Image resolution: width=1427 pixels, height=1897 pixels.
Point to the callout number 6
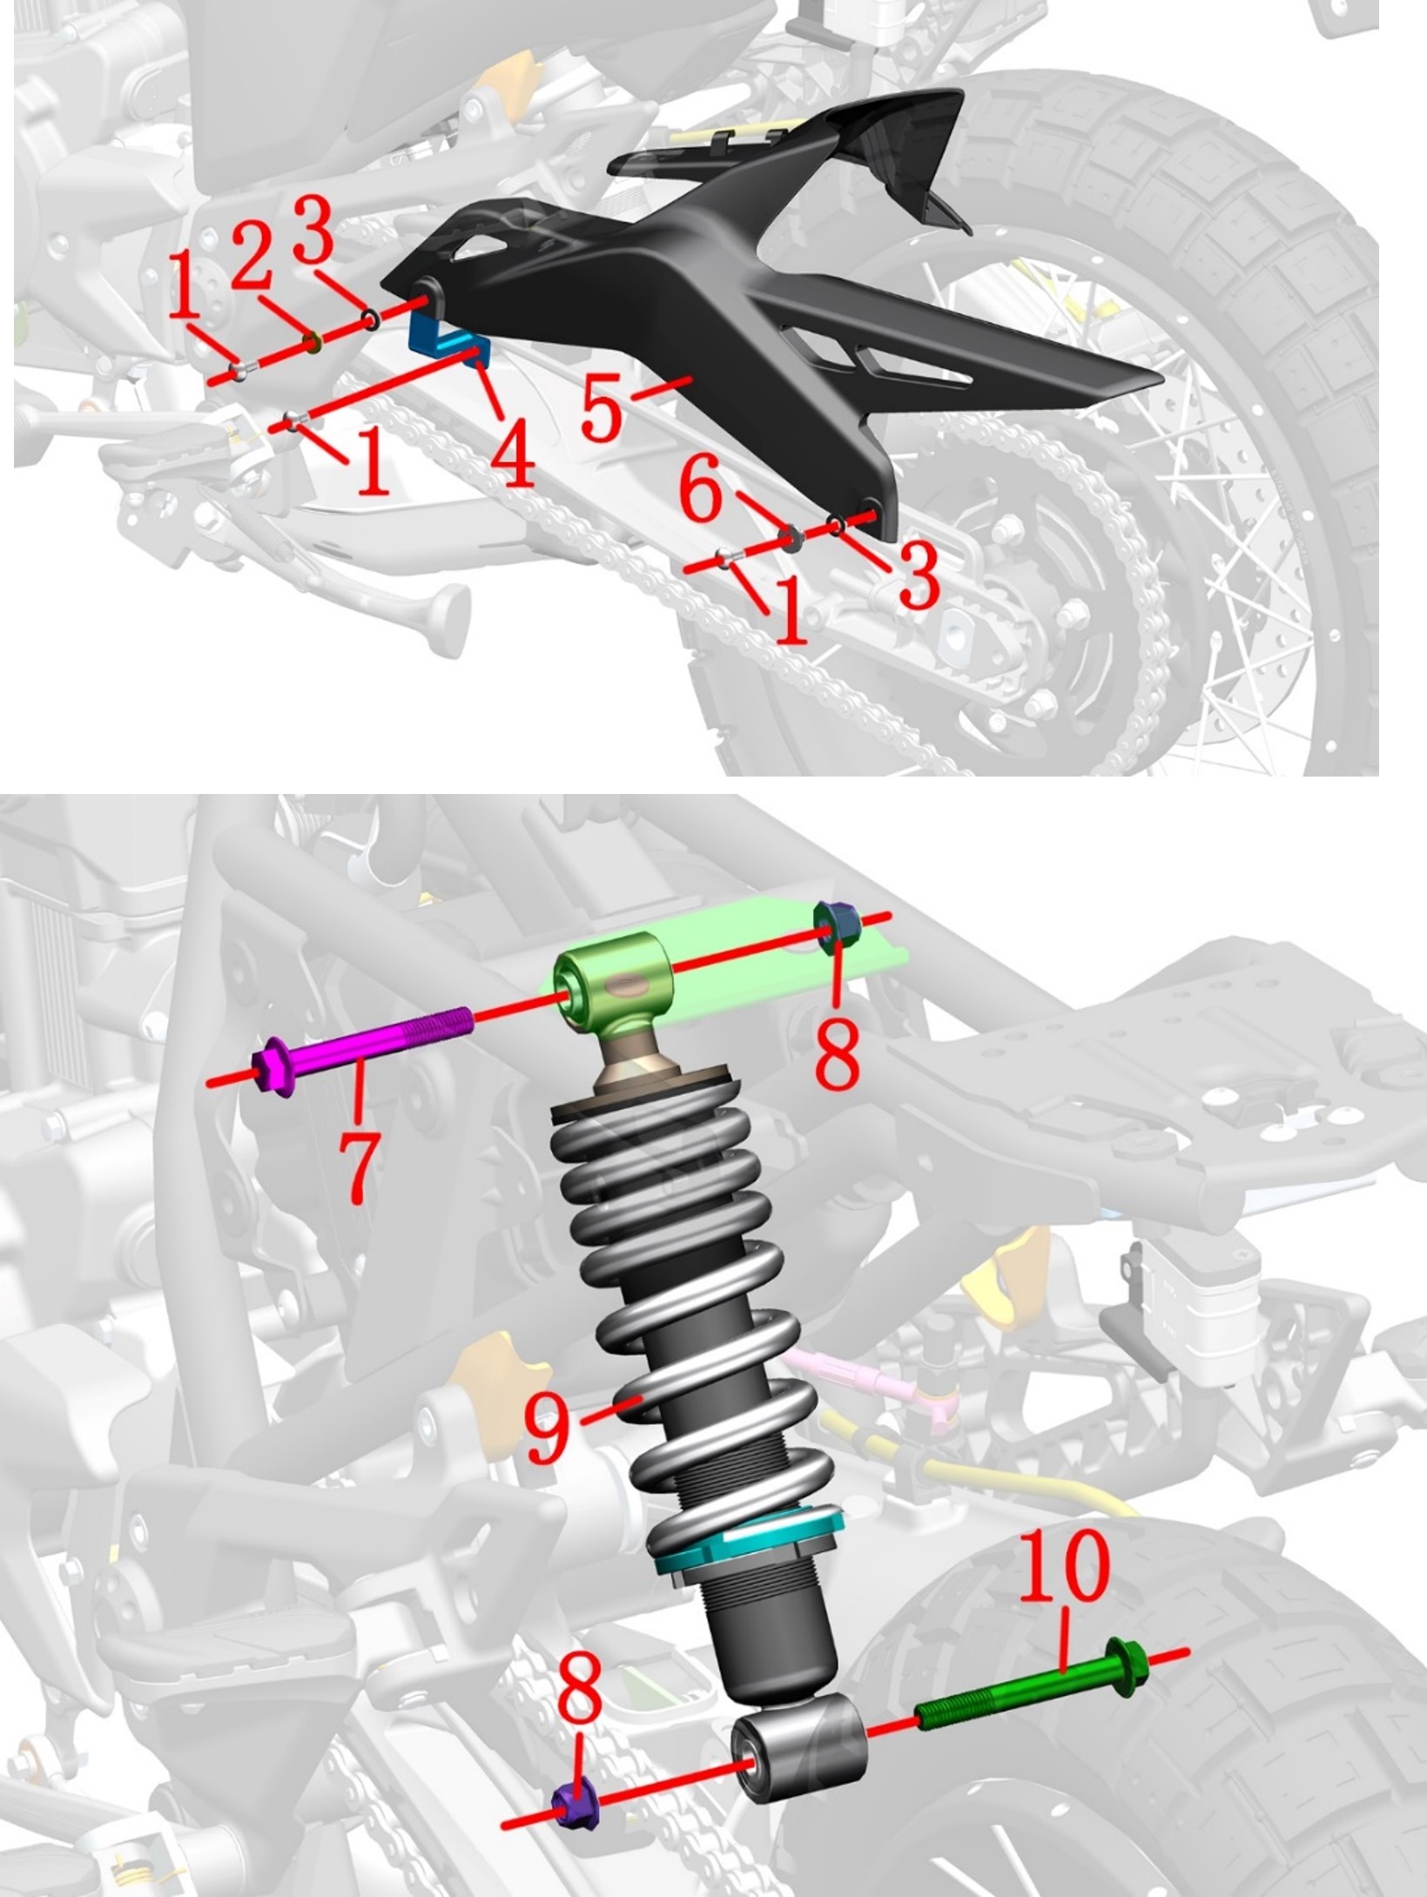tap(701, 493)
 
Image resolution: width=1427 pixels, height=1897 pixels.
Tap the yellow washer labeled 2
tap(310, 343)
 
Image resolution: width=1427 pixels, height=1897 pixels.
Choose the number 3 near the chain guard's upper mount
tap(313, 228)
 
